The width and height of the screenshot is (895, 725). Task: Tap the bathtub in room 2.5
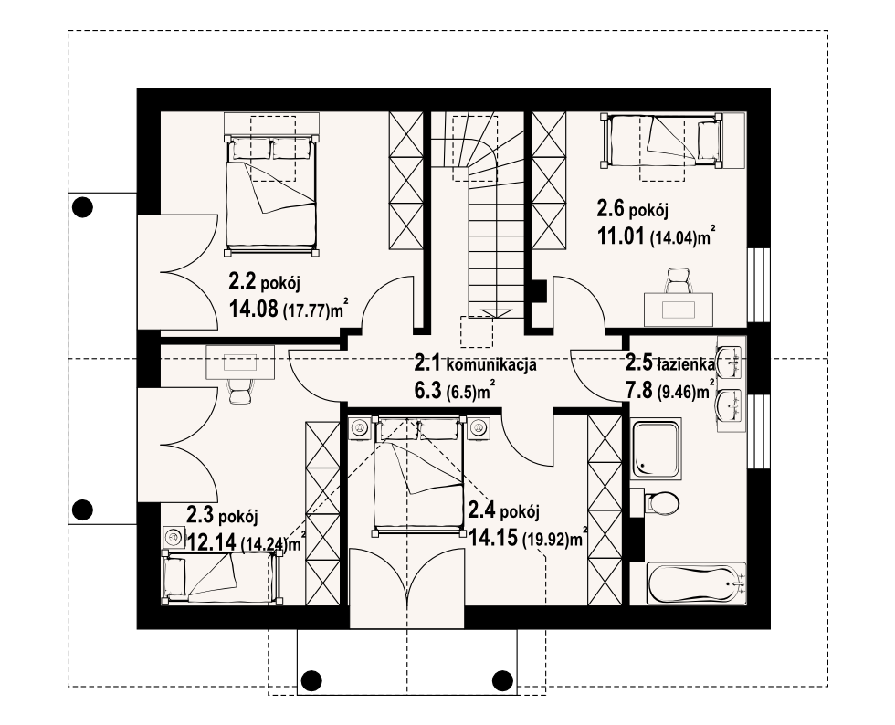click(x=696, y=583)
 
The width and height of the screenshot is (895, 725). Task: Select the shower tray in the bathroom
click(x=657, y=449)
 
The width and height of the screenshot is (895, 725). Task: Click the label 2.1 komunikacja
click(x=475, y=363)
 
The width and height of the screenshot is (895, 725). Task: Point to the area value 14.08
click(x=254, y=310)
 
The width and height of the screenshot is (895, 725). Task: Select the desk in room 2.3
click(x=240, y=362)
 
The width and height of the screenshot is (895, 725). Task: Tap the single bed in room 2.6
click(x=660, y=141)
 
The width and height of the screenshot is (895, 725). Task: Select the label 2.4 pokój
click(x=503, y=510)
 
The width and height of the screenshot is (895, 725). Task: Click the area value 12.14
click(x=212, y=542)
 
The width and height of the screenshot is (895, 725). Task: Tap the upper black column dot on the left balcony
click(x=83, y=207)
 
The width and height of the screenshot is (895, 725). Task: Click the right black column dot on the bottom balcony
click(x=502, y=679)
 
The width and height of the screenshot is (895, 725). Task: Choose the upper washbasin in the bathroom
click(x=729, y=362)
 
